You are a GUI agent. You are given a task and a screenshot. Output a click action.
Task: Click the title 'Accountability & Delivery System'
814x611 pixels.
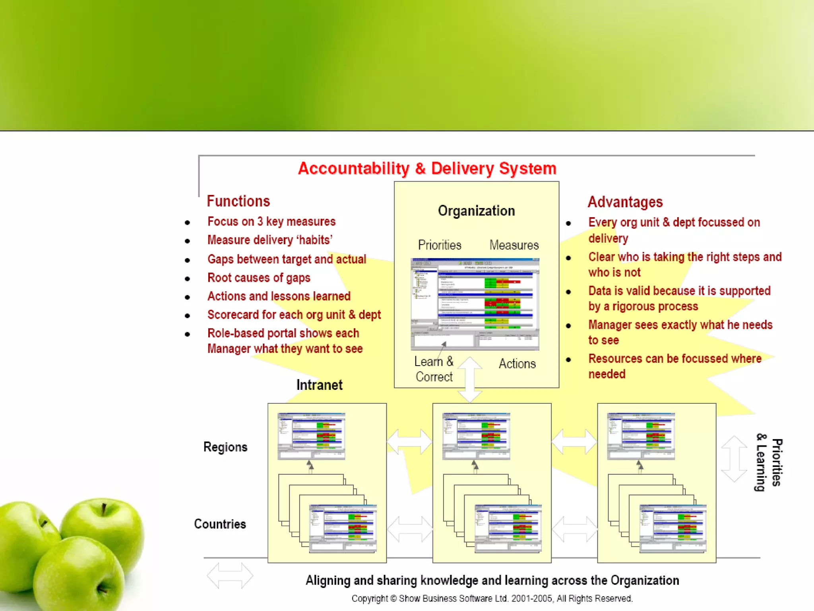pos(427,169)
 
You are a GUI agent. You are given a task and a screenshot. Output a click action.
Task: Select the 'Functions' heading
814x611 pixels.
pos(238,201)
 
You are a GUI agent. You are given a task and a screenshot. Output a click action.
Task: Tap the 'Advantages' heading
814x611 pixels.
pos(625,202)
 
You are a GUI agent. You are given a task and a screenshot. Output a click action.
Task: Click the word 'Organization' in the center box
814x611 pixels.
pos(476,211)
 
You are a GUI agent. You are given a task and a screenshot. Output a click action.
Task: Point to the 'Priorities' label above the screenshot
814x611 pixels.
pos(440,245)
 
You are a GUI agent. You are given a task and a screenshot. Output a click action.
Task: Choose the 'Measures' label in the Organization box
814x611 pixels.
pos(514,245)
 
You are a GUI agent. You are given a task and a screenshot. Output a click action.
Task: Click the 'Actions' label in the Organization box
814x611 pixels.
pos(517,364)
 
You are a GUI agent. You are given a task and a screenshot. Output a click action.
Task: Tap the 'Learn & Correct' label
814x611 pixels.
pos(434,369)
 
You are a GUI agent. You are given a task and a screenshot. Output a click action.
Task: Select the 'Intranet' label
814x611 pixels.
pos(319,385)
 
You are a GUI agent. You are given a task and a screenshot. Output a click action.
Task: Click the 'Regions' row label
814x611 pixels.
pos(225,447)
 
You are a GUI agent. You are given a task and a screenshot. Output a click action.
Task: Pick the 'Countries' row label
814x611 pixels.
pos(220,524)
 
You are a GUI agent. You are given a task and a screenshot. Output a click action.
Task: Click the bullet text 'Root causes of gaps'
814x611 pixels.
pos(259,278)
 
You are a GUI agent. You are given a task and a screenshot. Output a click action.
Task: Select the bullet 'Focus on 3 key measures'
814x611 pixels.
pos(271,222)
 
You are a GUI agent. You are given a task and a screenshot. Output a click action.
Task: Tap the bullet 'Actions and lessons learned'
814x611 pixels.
pos(279,296)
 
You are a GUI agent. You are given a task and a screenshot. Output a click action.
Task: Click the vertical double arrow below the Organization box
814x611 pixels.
pos(470,379)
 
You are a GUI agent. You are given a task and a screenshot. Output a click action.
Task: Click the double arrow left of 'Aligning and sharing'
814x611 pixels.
pos(230,576)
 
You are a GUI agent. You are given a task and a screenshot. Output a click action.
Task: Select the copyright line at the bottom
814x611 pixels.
pos(492,599)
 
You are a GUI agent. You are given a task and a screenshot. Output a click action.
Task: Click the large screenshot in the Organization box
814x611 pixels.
pos(475,304)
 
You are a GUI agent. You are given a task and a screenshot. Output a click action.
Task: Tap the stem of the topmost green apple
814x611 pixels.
pos(104,509)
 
